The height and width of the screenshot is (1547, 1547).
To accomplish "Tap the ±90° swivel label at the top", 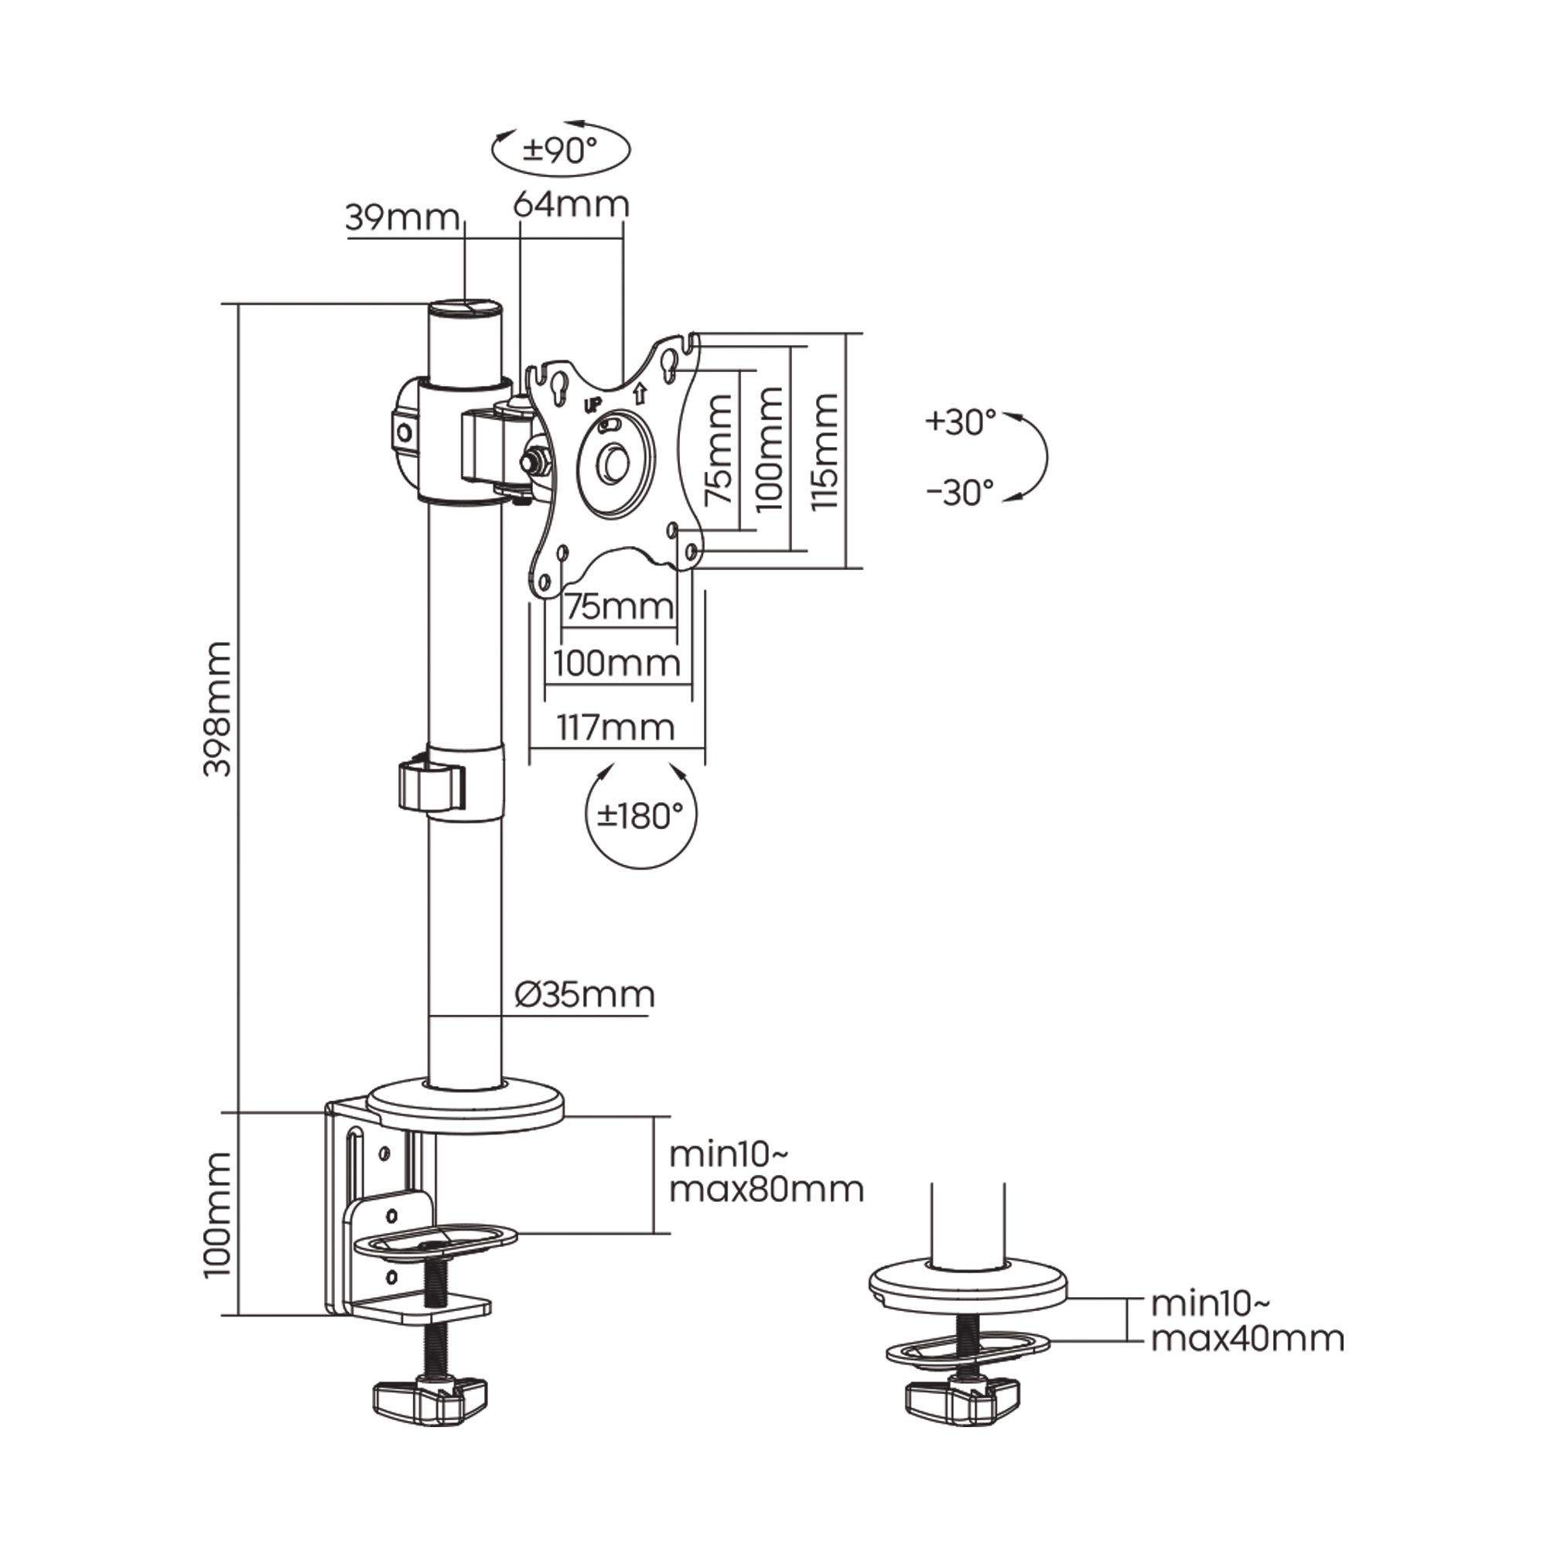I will [x=561, y=150].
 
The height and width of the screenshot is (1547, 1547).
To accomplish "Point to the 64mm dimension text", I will [x=571, y=204].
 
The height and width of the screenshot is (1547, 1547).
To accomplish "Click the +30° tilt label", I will [x=960, y=422].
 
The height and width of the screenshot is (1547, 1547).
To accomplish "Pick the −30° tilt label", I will [x=960, y=493].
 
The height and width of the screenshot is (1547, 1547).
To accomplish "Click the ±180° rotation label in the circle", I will [x=640, y=816].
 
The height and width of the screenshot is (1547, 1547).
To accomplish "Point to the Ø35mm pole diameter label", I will [x=586, y=995].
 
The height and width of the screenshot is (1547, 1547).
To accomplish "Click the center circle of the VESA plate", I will [x=616, y=463].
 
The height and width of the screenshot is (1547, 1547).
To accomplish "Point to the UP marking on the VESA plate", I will [x=593, y=406].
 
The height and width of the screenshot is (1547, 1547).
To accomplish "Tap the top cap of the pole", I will [x=467, y=309].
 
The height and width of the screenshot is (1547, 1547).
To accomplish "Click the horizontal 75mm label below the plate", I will [x=619, y=606].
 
